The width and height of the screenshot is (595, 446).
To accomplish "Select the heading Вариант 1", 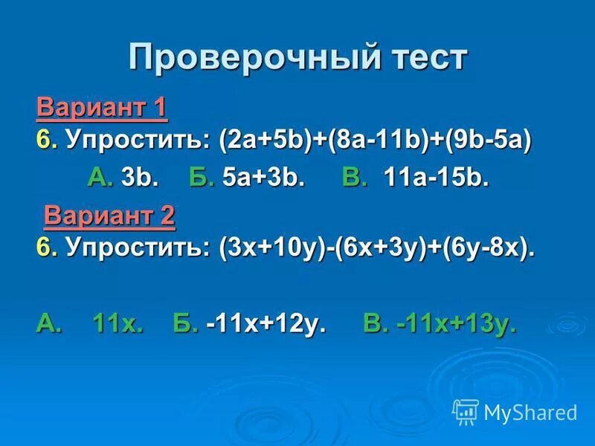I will pos(102,109).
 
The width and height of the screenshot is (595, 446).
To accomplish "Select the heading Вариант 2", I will pos(109,216).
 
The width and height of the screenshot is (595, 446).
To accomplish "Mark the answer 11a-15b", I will pos(437,178).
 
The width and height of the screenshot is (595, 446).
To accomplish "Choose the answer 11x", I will pos(117,324).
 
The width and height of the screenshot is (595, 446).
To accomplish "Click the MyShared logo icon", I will pos(466,411).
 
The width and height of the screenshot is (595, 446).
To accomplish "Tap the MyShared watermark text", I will pos(530,412).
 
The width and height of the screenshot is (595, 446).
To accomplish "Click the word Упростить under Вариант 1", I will pos(138,140).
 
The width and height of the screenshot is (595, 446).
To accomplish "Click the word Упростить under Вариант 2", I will pos(138,248).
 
